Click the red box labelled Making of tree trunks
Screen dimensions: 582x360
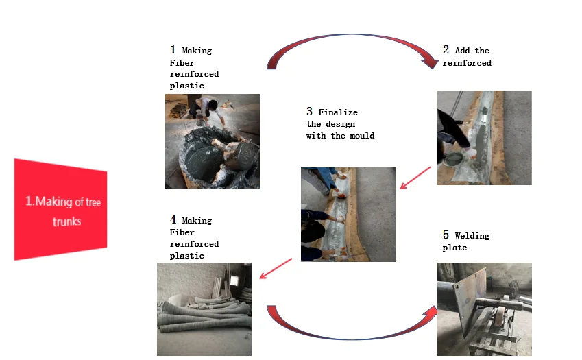(x=60, y=209)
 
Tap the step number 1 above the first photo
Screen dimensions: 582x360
(x=173, y=50)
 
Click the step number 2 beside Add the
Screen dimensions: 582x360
(x=446, y=50)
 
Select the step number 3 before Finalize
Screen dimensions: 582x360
(x=310, y=111)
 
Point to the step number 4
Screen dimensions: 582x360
(x=173, y=219)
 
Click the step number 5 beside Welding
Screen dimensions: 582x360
(x=446, y=235)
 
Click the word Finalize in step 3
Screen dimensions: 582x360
(x=338, y=112)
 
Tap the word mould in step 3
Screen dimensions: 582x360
(x=362, y=136)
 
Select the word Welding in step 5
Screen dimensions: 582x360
(x=472, y=236)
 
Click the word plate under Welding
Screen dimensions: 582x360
(x=454, y=248)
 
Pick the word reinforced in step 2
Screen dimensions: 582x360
(x=467, y=63)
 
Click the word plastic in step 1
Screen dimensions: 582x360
(x=186, y=86)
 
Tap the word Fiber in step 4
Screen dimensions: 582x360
(x=182, y=232)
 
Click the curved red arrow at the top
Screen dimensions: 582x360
(x=352, y=36)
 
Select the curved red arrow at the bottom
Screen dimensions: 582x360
(x=352, y=338)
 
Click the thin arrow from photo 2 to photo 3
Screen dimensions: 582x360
(x=415, y=178)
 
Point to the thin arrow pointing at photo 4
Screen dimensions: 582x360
(x=276, y=269)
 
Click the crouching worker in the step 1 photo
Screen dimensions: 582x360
(x=207, y=110)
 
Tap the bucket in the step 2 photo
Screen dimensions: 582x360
(x=454, y=160)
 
